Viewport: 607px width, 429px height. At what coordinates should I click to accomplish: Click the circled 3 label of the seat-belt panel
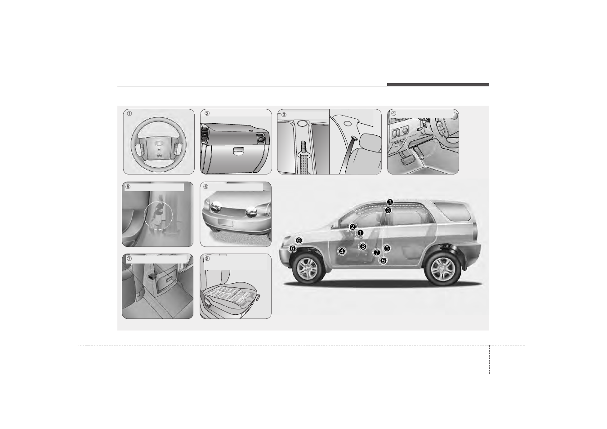click(284, 114)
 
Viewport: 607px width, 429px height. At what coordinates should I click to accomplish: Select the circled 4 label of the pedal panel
click(393, 113)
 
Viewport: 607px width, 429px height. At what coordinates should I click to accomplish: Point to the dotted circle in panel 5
click(158, 215)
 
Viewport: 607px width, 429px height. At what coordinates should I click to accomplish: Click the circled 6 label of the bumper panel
click(206, 187)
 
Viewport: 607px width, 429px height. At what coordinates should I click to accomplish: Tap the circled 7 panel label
click(129, 259)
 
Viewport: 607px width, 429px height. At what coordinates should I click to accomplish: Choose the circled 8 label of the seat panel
click(207, 259)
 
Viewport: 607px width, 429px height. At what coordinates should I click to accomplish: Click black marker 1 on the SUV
click(360, 232)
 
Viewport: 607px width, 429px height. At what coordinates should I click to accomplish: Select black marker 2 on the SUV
click(353, 227)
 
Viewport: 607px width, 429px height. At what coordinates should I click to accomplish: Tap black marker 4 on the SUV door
click(342, 251)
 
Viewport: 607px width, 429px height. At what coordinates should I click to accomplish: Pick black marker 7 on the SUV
click(377, 253)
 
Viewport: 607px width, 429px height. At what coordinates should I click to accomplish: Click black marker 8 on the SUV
click(363, 246)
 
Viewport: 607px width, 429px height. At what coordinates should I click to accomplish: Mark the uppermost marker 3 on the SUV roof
click(390, 202)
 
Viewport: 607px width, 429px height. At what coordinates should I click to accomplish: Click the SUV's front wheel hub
click(308, 268)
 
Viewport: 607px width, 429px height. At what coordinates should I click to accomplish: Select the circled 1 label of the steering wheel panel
click(129, 114)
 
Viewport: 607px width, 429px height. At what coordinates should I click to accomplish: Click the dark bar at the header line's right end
click(437, 85)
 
